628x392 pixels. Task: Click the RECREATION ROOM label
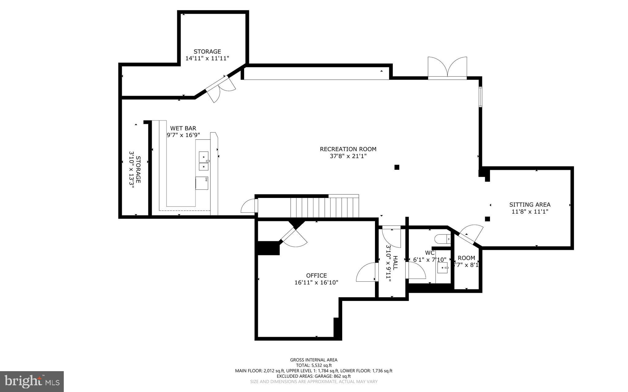click(x=348, y=149)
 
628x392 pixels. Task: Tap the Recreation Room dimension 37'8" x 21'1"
click(x=348, y=156)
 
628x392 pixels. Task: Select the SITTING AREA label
click(x=530, y=204)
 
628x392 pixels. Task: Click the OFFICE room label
click(x=316, y=276)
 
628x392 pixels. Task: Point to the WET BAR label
click(x=183, y=128)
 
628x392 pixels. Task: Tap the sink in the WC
click(x=442, y=268)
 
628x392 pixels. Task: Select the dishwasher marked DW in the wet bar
click(x=202, y=183)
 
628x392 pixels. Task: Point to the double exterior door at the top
click(x=447, y=68)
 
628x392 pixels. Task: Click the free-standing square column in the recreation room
click(x=397, y=167)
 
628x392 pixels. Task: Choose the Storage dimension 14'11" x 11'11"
click(x=207, y=58)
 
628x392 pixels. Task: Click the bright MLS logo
click(x=32, y=381)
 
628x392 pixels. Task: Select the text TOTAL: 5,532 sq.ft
click(x=314, y=365)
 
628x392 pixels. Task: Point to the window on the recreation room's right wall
click(x=481, y=97)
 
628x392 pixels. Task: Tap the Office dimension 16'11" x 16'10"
click(x=316, y=283)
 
